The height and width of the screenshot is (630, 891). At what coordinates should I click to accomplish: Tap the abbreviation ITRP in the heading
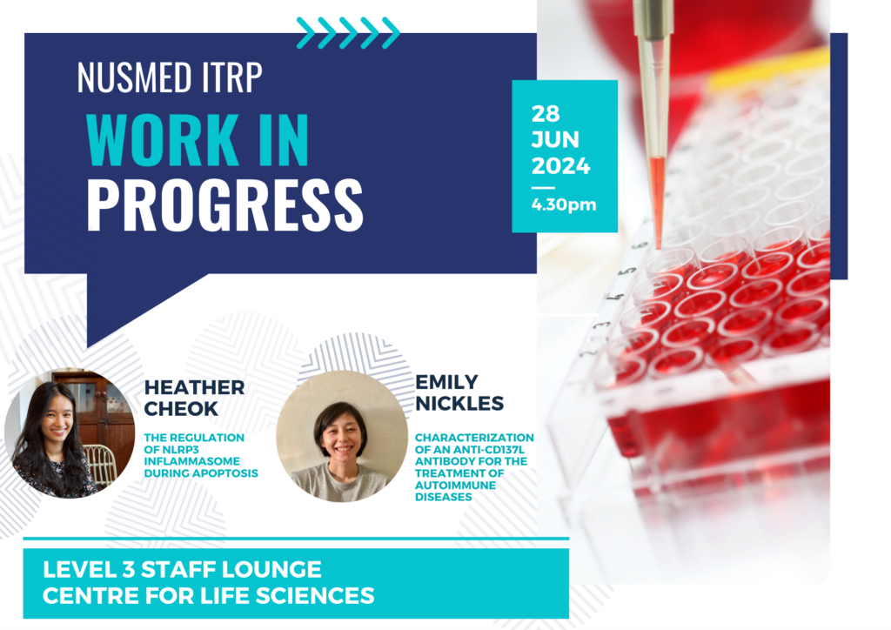tap(232, 77)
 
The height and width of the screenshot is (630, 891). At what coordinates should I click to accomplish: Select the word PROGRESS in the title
tap(225, 205)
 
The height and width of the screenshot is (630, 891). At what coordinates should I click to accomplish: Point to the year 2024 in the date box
tap(561, 166)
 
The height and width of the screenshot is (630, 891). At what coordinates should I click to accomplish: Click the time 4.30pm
tap(564, 204)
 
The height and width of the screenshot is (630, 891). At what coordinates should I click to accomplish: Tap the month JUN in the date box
tap(555, 140)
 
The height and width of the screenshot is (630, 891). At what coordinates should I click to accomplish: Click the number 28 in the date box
tap(546, 114)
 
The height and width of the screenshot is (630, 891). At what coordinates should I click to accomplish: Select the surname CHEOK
tap(181, 408)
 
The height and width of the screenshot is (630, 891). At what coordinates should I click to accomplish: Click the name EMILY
tap(446, 382)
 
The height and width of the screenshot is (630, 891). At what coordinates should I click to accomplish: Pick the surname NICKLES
tap(459, 404)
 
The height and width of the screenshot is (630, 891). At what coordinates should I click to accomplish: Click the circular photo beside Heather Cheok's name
tap(70, 433)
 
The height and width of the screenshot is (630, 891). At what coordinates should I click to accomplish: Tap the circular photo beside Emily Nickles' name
tap(342, 436)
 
